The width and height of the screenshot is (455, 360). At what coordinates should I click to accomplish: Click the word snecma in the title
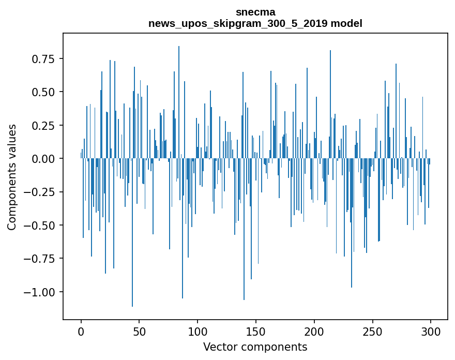click(255, 12)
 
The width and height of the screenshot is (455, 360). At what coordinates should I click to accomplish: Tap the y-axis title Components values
click(12, 177)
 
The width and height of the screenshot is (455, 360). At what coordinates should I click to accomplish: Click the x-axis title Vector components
click(255, 347)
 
